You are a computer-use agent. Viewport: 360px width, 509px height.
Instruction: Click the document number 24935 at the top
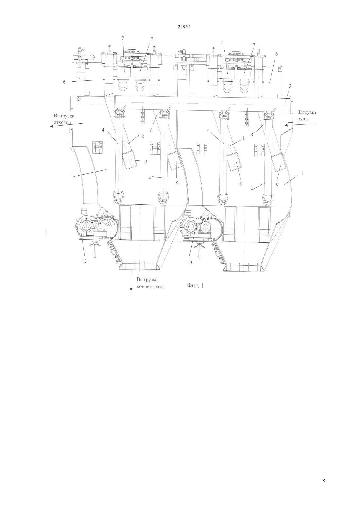tap(184, 26)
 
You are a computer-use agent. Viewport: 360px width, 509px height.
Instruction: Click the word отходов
tap(62, 122)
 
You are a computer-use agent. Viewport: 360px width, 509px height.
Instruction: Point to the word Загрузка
tap(307, 112)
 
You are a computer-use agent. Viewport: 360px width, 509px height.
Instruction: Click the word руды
tap(303, 119)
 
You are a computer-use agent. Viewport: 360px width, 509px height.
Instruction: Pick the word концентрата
tap(150, 287)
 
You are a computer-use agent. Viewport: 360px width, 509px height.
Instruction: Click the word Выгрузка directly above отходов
tap(64, 116)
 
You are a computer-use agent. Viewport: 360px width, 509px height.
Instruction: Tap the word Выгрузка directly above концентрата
tap(147, 280)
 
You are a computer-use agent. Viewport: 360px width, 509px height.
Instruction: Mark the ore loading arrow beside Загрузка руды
tap(300, 125)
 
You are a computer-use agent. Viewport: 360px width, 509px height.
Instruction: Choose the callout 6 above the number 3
tap(276, 54)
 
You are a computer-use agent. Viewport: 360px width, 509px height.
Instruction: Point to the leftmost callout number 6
tap(64, 82)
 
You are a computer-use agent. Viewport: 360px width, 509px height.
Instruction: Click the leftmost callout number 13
tap(84, 261)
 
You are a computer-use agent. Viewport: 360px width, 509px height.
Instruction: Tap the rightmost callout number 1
tap(302, 173)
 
